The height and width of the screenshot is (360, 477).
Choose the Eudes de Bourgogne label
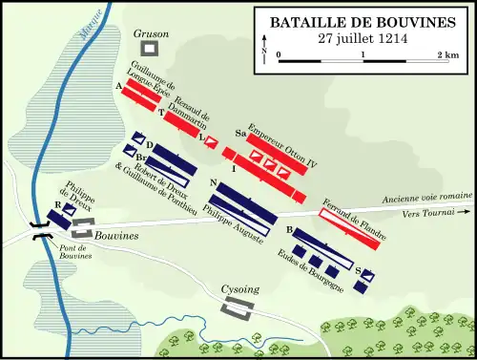point(321,272)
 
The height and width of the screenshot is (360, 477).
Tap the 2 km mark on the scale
point(447,55)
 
